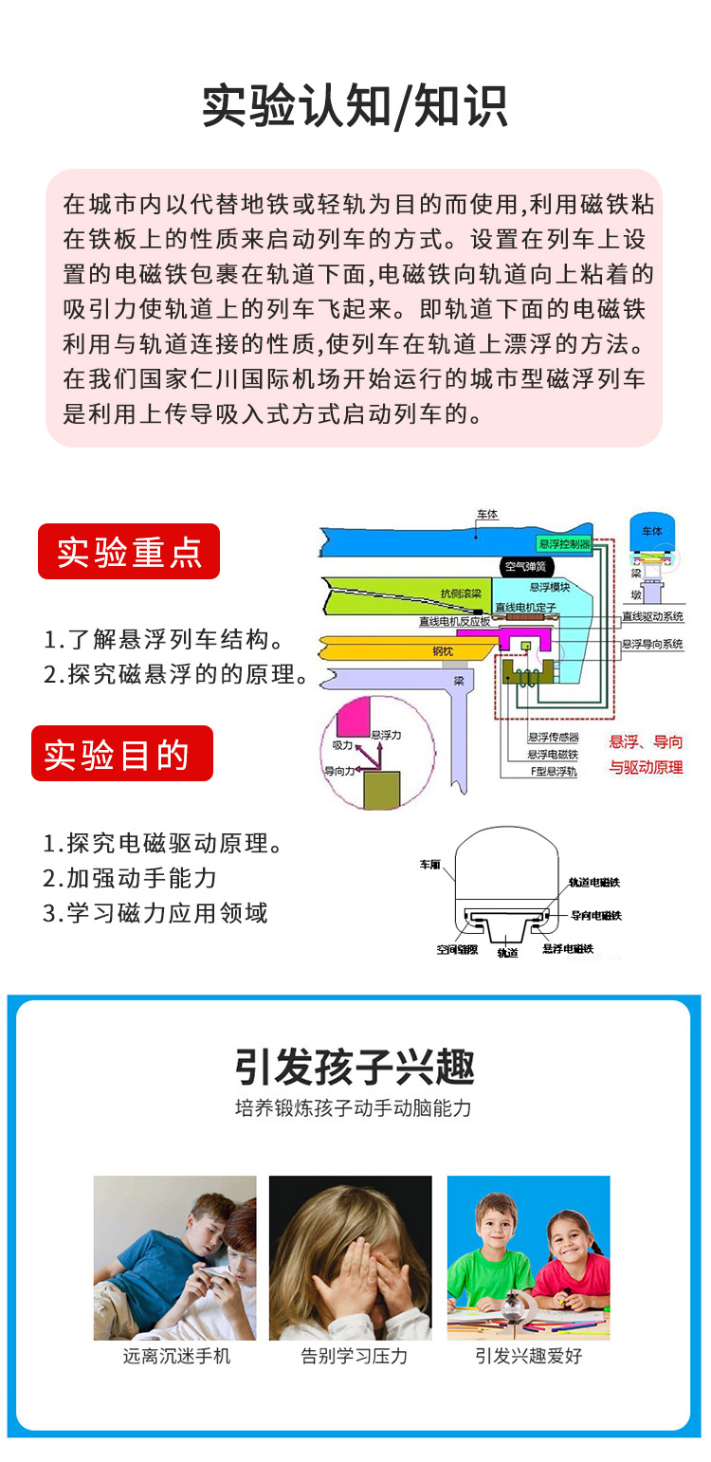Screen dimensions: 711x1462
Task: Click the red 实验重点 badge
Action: tap(129, 552)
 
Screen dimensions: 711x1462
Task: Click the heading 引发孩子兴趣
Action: tap(355, 1067)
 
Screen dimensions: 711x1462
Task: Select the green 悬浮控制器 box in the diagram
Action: tap(563, 544)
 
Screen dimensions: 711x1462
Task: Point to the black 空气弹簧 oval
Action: tap(525, 567)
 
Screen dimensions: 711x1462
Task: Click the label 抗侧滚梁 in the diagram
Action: tap(461, 594)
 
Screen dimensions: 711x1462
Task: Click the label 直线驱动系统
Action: tap(652, 617)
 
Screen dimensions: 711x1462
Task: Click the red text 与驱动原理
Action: tap(646, 767)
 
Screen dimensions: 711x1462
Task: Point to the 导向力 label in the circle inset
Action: tap(339, 771)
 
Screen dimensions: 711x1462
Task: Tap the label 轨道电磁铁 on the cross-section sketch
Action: tap(593, 882)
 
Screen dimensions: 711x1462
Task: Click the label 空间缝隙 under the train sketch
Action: tap(456, 948)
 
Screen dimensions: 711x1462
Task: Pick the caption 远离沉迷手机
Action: tap(176, 1356)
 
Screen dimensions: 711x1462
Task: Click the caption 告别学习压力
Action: tap(354, 1356)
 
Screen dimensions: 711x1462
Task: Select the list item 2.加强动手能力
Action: tap(130, 878)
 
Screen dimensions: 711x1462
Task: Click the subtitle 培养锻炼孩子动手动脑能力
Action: tap(353, 1107)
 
